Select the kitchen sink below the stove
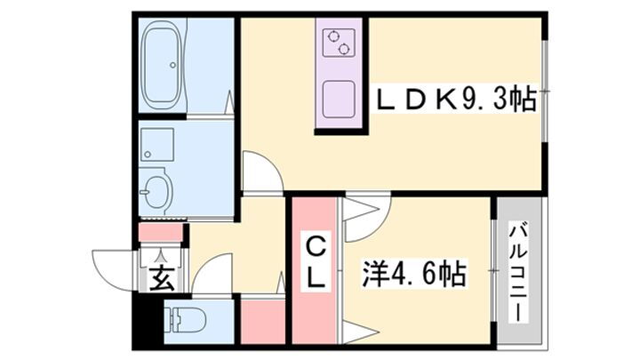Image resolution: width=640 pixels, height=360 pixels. [x=339, y=100]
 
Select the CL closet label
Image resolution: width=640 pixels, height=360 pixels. [x=316, y=260]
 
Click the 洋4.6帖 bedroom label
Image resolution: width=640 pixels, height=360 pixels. [x=415, y=274]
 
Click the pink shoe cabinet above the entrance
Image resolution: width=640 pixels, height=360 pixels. [x=162, y=233]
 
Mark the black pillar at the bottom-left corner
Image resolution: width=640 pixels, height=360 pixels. [x=141, y=324]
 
